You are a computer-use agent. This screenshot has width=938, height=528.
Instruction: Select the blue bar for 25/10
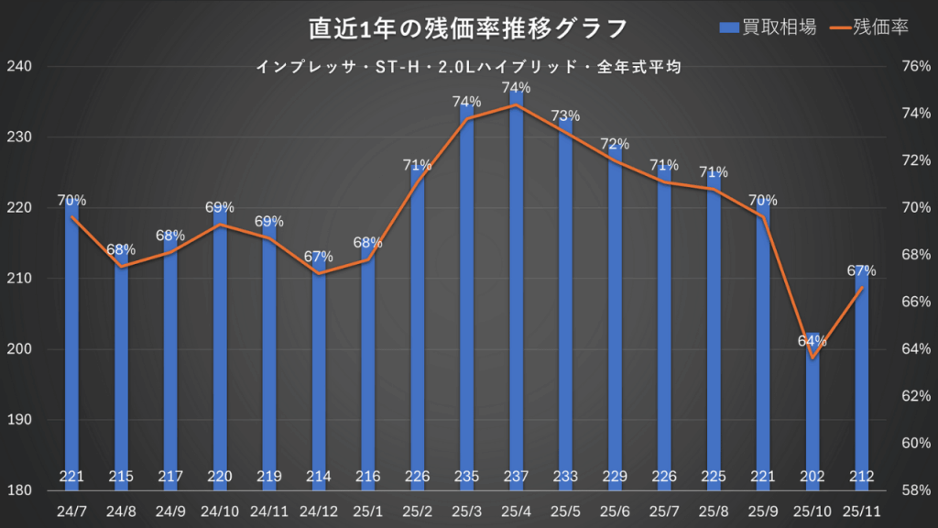(x=813, y=412)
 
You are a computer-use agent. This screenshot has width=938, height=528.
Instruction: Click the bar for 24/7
(x=72, y=348)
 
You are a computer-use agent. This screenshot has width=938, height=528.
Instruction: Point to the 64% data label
(x=813, y=341)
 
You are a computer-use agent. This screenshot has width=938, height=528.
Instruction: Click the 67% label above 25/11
(x=861, y=270)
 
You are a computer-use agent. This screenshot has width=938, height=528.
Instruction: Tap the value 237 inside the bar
(x=517, y=476)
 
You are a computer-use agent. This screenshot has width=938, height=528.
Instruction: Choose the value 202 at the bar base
(x=813, y=476)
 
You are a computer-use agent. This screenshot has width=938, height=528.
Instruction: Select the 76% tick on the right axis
(x=916, y=67)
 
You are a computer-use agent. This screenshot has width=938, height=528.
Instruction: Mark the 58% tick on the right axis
(x=916, y=490)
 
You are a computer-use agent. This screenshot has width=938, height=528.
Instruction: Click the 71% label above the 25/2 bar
(x=417, y=165)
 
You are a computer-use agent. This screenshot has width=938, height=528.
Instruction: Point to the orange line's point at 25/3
(x=467, y=119)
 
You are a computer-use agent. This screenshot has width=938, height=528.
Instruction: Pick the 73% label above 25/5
(x=565, y=115)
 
